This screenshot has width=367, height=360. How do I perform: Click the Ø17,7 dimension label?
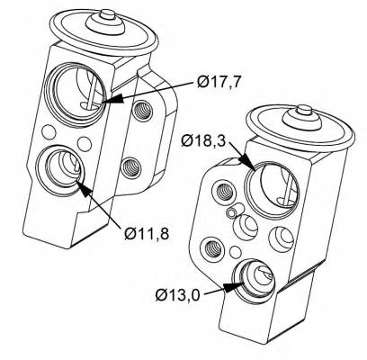click(219, 82)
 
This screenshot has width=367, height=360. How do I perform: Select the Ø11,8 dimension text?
click(147, 233)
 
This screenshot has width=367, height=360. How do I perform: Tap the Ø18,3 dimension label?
click(202, 140)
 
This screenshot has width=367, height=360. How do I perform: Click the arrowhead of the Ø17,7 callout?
click(113, 98)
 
